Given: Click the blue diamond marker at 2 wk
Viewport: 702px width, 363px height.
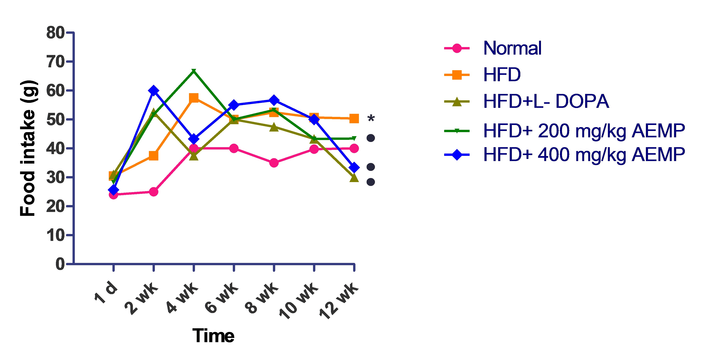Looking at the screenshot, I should (x=154, y=90).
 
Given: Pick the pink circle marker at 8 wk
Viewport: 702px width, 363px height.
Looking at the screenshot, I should (x=274, y=163).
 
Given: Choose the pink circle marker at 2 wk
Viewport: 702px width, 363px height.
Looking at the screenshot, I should (x=154, y=192).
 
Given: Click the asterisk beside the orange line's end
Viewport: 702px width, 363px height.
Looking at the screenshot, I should (x=371, y=119).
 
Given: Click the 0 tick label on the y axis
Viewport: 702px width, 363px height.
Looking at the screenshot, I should (x=60, y=264).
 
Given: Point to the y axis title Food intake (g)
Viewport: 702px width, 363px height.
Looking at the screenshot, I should (x=28, y=149).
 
